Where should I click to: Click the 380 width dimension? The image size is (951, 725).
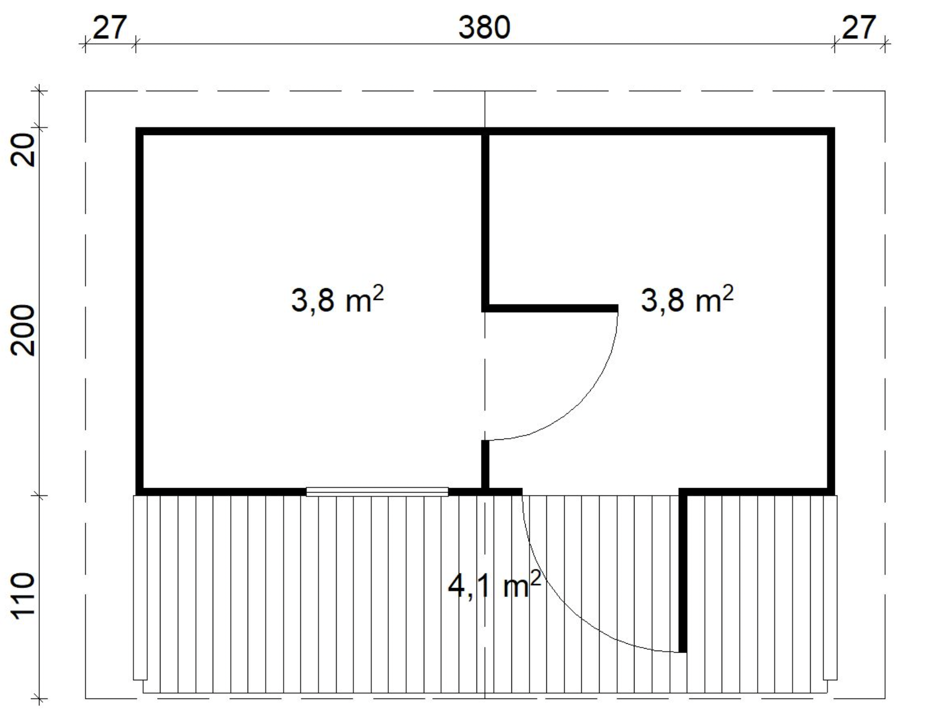click(484, 28)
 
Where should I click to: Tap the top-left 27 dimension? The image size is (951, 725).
click(110, 28)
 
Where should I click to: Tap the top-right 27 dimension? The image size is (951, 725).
click(859, 28)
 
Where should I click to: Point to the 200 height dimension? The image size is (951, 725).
click(24, 330)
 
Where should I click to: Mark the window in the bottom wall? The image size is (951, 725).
click(377, 492)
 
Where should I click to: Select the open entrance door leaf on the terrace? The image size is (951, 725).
click(683, 571)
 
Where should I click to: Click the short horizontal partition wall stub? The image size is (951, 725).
click(551, 308)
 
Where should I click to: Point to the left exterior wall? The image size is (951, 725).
click(140, 311)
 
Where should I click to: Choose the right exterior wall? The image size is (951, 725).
click(831, 311)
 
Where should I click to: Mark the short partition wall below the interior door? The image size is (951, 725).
click(485, 465)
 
